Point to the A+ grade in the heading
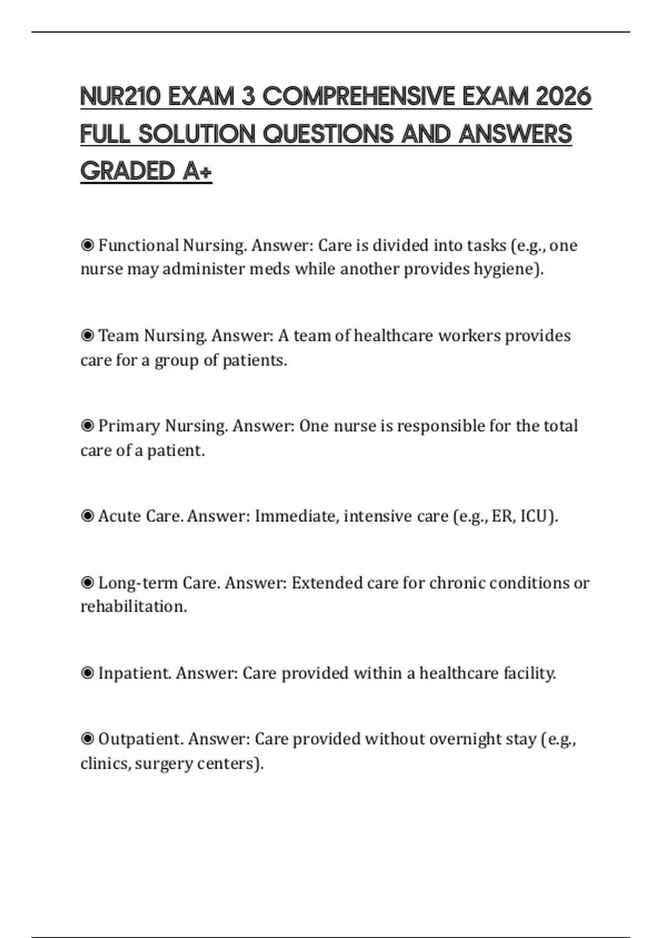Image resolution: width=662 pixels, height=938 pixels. [197, 171]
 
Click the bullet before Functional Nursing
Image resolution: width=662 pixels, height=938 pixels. [87, 245]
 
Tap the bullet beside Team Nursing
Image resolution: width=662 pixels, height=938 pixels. [87, 335]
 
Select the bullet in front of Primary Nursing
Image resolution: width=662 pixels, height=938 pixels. [87, 426]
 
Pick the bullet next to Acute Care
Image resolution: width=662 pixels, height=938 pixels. [87, 516]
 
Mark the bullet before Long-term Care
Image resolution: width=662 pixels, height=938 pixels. [87, 583]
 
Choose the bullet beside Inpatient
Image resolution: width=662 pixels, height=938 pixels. [87, 673]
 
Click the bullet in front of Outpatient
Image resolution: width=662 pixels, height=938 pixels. [87, 739]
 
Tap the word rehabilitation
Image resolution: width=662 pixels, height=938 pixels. [133, 606]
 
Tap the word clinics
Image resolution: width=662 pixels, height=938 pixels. [103, 764]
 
